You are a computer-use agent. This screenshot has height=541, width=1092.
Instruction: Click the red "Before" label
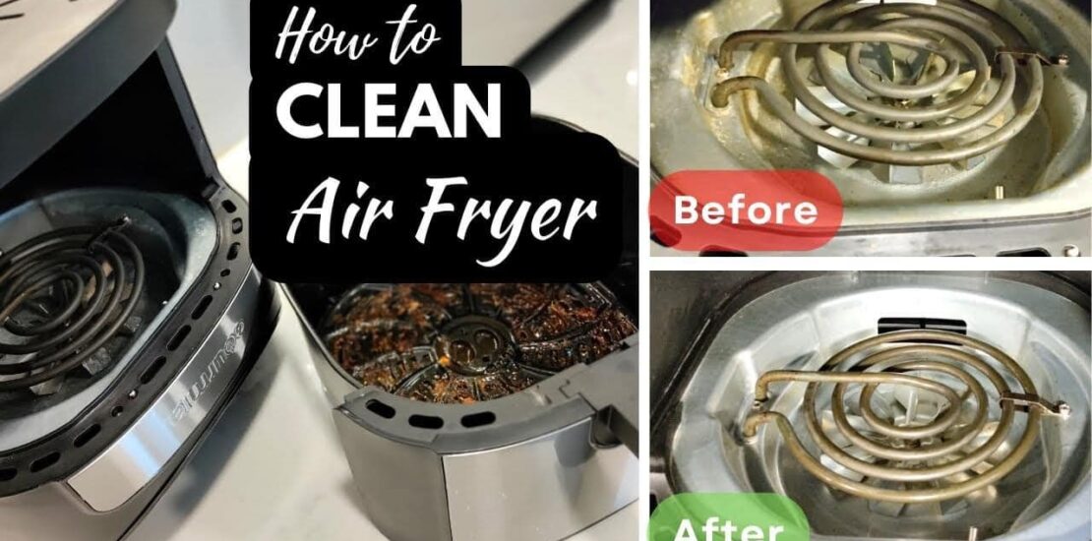pos(745,210)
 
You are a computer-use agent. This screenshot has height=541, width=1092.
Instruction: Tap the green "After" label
pos(729,523)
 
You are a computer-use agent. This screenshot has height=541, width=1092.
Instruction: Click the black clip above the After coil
pos(922,326)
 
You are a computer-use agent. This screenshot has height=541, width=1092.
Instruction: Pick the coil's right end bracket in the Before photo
pos(1032,57)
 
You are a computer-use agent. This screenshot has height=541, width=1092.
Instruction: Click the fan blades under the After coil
pos(898,447)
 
